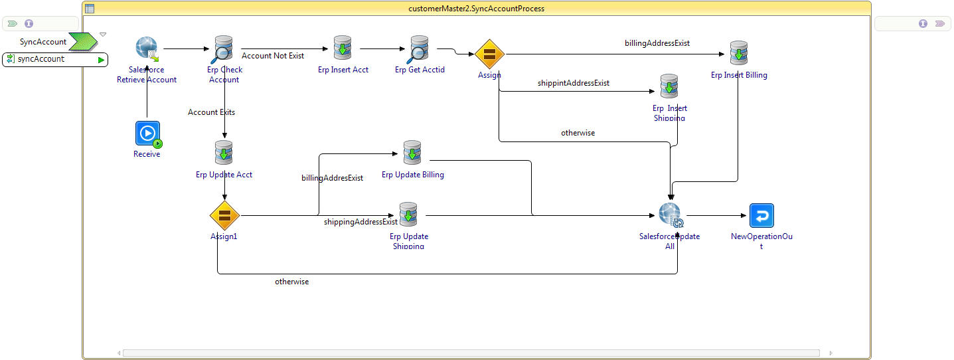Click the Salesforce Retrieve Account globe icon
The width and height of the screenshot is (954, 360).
(x=146, y=49)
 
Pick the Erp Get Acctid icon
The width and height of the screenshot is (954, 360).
(x=419, y=49)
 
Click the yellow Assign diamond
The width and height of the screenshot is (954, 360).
(x=490, y=54)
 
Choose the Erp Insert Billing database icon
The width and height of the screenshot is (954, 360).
(x=739, y=53)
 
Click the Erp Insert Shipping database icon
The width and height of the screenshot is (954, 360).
(x=669, y=86)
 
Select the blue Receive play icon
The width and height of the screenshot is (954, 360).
(x=147, y=134)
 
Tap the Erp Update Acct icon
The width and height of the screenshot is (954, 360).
(x=224, y=153)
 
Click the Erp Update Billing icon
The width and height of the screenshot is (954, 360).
(x=412, y=153)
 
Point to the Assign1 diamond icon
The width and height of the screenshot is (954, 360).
(x=224, y=216)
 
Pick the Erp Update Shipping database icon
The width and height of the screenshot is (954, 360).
(x=408, y=215)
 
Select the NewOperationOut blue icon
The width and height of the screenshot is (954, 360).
(x=761, y=216)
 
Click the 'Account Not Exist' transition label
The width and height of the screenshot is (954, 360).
(x=273, y=56)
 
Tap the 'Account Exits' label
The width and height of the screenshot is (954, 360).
(x=211, y=112)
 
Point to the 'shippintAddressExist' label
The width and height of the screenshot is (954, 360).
(x=574, y=83)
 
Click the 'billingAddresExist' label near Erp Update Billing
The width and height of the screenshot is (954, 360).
(x=332, y=178)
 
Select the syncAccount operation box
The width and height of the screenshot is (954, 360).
(x=55, y=59)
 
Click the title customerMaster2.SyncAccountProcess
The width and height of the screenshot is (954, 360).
(x=477, y=9)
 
